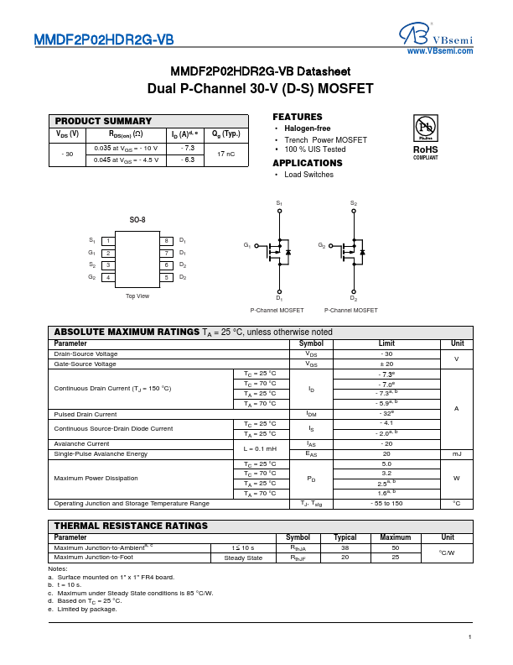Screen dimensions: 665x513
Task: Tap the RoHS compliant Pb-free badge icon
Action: point(425,128)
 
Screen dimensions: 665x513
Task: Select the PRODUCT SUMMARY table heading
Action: point(103,121)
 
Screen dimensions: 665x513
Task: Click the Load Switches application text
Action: point(308,175)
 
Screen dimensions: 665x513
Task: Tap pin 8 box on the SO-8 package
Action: point(167,241)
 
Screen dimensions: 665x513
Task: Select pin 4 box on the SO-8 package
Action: point(107,277)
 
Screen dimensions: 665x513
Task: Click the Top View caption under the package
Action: point(137,296)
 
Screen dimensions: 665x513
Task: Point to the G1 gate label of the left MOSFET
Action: point(247,245)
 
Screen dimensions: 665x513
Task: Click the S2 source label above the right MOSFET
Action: point(353,203)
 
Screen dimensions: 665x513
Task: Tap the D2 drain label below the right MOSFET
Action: point(353,299)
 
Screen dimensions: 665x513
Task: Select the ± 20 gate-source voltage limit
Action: point(386,364)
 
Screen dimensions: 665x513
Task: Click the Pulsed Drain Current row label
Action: point(85,414)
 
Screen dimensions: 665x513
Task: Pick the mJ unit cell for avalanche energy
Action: point(457,453)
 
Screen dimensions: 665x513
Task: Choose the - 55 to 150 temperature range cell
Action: point(386,503)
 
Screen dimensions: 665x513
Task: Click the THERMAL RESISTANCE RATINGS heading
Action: point(131,526)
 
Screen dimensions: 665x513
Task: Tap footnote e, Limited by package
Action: point(82,609)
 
